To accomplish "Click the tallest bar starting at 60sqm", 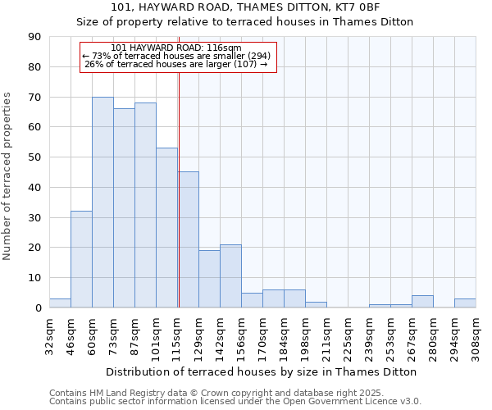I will coord(102,203).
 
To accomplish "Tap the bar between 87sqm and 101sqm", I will coord(145,205).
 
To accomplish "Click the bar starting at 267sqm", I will coord(422,302).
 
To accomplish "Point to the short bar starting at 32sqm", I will coord(60,303).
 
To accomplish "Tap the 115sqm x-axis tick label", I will coord(177,335).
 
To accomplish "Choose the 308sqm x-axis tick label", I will coord(476,335).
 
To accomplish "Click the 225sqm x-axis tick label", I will coord(348,335).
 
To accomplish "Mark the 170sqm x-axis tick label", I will coord(262,335).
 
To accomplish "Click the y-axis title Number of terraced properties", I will coord(8,175).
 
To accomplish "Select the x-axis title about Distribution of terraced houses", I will coord(262,371).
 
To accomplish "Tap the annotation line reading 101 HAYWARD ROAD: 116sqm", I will coord(176,48).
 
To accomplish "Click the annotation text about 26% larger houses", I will coord(176,64).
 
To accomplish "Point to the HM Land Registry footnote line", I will coord(221,393).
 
